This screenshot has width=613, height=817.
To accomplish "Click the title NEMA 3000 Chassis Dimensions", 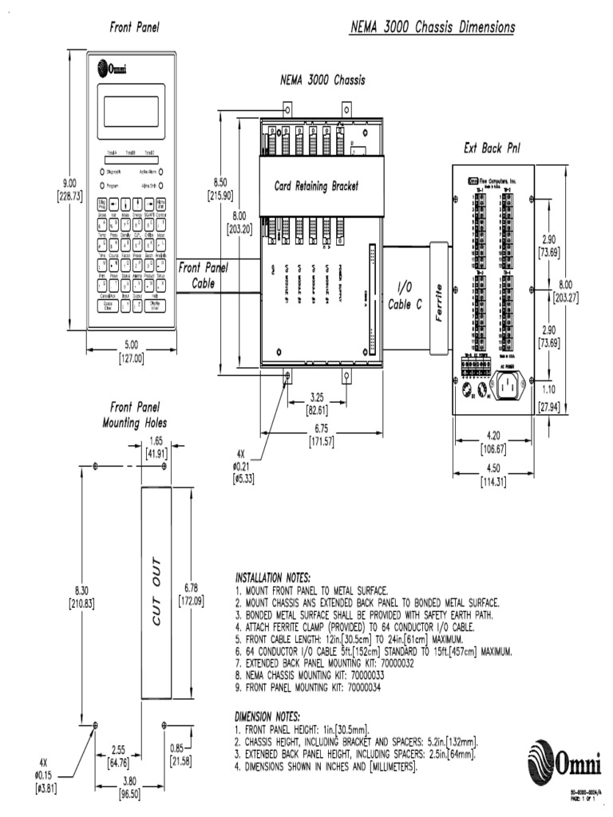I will point(433,28).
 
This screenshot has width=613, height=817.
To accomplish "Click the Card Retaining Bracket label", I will point(316,186).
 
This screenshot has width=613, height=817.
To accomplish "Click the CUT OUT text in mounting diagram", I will point(156,591).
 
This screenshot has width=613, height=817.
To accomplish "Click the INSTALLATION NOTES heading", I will point(272,577).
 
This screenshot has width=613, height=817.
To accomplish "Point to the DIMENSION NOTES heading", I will point(267,716).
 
